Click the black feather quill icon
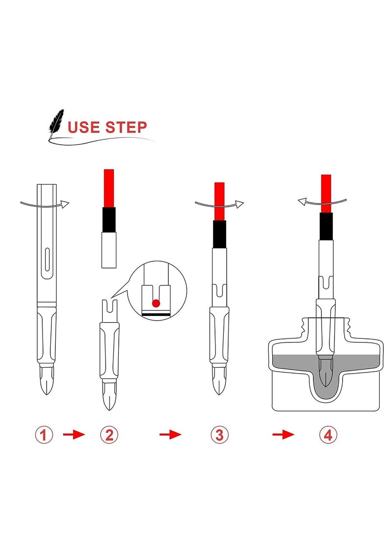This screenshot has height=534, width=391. pos(56,123)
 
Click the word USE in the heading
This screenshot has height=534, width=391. pos(84,127)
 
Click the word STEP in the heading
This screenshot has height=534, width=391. pos(126,127)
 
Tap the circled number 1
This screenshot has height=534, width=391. pos(44,435)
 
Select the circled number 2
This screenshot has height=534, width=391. pos(109,435)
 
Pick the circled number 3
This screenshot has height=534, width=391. pos(219,435)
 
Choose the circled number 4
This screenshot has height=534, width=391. pos(328,435)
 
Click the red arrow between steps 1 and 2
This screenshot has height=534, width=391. pos(74,435)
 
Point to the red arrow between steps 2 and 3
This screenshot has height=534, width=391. pos(171,435)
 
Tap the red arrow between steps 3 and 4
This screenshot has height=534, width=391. pos(283,435)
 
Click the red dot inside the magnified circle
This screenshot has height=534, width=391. pos(156,303)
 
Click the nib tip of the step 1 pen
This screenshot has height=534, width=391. pos(46,394)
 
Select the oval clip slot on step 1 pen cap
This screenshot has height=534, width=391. pos(47,260)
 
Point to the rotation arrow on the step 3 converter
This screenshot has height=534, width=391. pos(219,204)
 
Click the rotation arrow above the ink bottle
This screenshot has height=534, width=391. pos(322,201)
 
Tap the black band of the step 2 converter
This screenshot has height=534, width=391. pos(109,220)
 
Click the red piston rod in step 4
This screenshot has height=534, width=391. pos(326,194)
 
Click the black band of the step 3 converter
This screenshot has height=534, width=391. pos(219,234)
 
